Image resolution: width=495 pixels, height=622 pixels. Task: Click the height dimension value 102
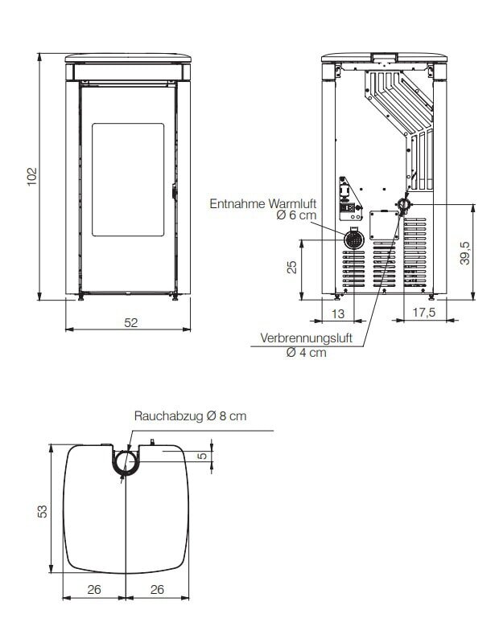[31, 177]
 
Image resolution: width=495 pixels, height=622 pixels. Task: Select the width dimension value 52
[131, 322]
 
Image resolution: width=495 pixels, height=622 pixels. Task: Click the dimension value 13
[338, 313]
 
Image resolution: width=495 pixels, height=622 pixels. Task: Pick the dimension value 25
[293, 267]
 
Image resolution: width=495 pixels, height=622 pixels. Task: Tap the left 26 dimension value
[93, 589]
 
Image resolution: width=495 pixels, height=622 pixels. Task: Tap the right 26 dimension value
[157, 589]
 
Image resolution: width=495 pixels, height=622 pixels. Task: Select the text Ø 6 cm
[296, 217]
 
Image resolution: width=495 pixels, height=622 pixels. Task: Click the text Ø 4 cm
[306, 352]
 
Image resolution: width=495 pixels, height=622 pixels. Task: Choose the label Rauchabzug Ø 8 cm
[190, 416]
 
